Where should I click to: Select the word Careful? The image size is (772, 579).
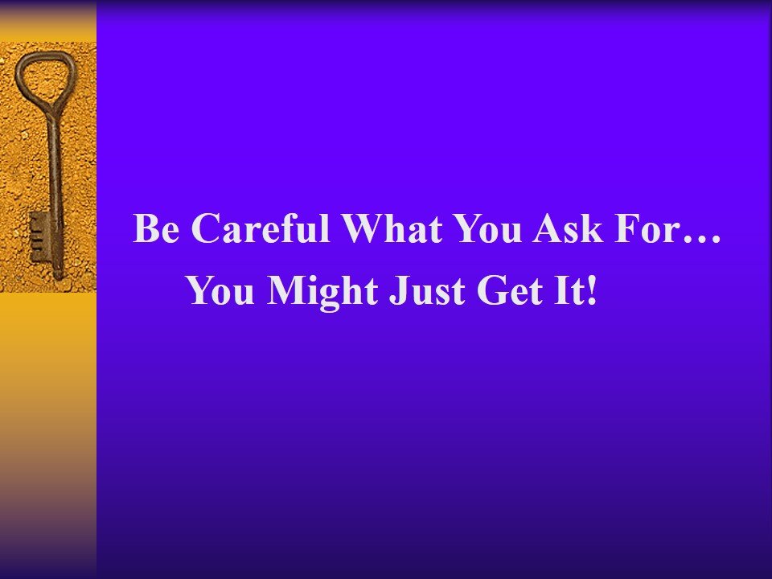[x=263, y=229]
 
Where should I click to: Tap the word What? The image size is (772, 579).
[x=390, y=229]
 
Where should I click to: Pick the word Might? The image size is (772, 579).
[x=323, y=291]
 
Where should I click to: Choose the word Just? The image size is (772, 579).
[x=421, y=291]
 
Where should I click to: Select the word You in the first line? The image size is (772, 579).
[x=487, y=229]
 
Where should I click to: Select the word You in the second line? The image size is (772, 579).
[x=222, y=291]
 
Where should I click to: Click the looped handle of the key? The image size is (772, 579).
[x=45, y=76]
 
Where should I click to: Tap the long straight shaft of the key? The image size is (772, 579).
[x=54, y=169]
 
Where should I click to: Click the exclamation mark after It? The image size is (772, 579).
[x=593, y=291]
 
